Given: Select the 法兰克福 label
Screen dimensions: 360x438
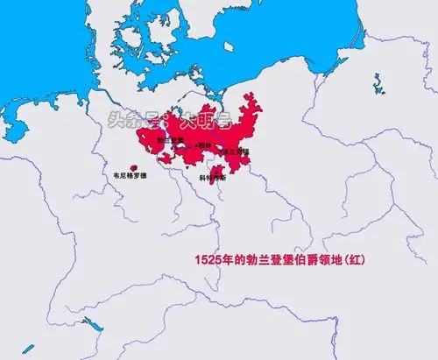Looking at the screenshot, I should pyautogui.click(x=237, y=151).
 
